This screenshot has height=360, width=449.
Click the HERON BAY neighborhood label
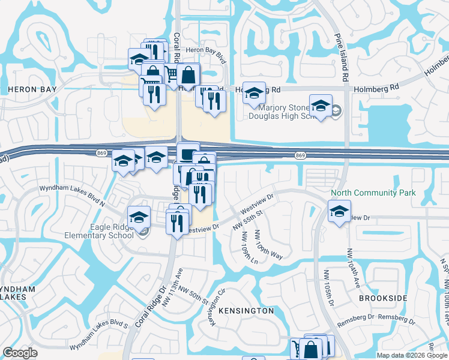pyautogui.click(x=32, y=89)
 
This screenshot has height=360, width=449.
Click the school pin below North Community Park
pyautogui.click(x=339, y=211)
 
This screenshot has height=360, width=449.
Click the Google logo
pyautogui.click(x=21, y=353)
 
